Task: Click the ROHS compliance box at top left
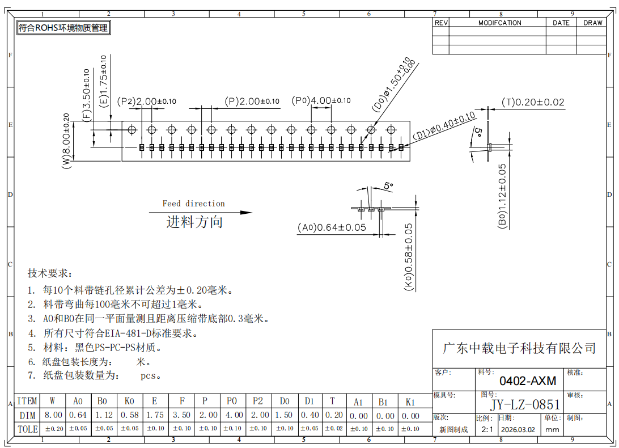(63, 28)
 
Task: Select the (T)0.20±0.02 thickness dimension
(532, 102)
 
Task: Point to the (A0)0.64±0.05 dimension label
(332, 227)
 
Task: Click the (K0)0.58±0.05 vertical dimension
(409, 257)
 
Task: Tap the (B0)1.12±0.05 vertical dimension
(502, 196)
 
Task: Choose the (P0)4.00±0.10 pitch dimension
(321, 101)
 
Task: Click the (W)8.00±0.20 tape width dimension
(66, 141)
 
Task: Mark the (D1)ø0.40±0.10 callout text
(444, 126)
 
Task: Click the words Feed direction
(193, 204)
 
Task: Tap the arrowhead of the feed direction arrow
(247, 213)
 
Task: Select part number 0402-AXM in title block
(527, 381)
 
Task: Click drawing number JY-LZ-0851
(525, 404)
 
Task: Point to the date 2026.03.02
(518, 430)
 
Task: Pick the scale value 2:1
(487, 430)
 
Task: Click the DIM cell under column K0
(130, 416)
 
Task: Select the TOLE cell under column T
(334, 429)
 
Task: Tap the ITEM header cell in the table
(27, 401)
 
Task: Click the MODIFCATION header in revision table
(500, 23)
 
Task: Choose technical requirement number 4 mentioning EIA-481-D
(113, 333)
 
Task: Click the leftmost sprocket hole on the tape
(132, 130)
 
